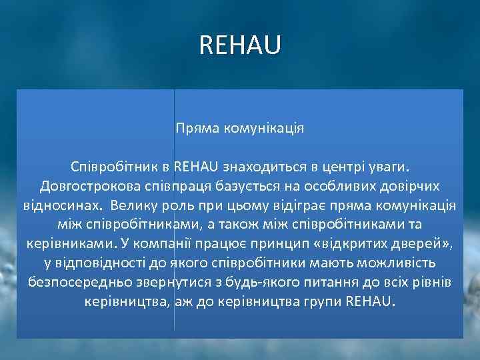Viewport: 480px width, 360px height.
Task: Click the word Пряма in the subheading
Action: coord(193,127)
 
